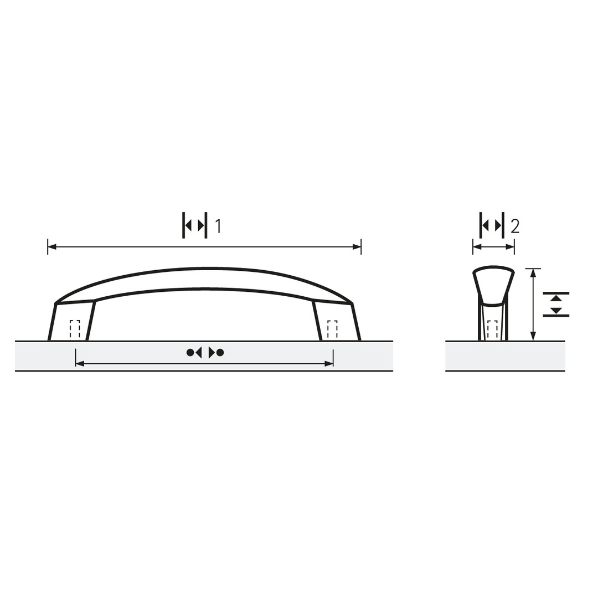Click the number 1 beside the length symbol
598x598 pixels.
tap(218, 226)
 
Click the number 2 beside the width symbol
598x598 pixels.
tap(515, 226)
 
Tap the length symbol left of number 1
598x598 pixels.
tap(195, 225)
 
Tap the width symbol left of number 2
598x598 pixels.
tap(492, 225)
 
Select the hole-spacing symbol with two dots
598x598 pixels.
tap(205, 352)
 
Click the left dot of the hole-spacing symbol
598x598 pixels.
tap(190, 353)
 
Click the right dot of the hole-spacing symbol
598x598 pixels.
tap(220, 353)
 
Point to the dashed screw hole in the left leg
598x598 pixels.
tap(75, 329)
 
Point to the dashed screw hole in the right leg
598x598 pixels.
tap(333, 329)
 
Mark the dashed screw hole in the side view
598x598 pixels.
tap(493, 329)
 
